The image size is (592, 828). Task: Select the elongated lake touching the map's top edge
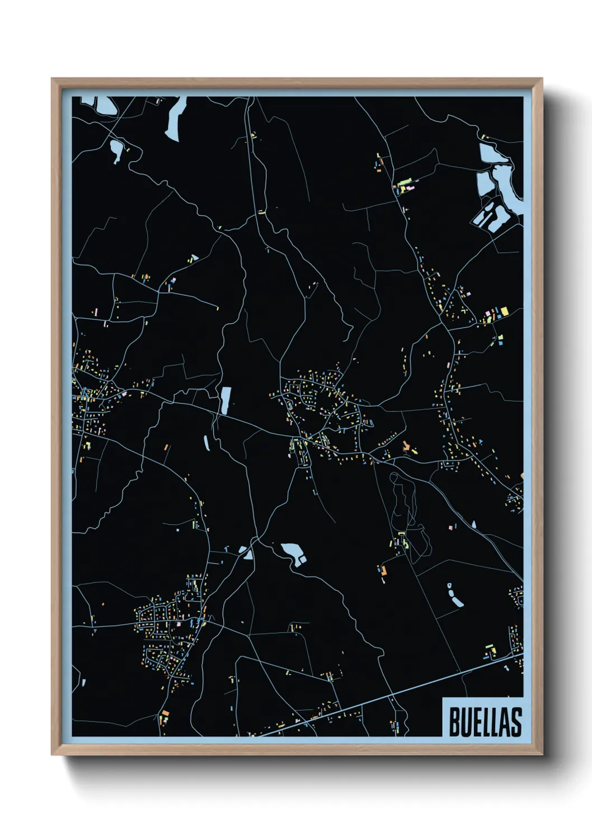point(175,118)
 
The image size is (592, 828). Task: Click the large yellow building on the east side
point(504,311)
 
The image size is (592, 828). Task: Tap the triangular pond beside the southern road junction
point(247,554)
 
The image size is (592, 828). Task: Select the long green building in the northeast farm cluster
point(405,182)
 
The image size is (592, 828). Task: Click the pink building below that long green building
point(410,189)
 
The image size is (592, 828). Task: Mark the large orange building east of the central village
point(407,446)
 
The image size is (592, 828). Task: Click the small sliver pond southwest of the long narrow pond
point(206,443)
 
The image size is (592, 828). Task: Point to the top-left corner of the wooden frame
point(53,79)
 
